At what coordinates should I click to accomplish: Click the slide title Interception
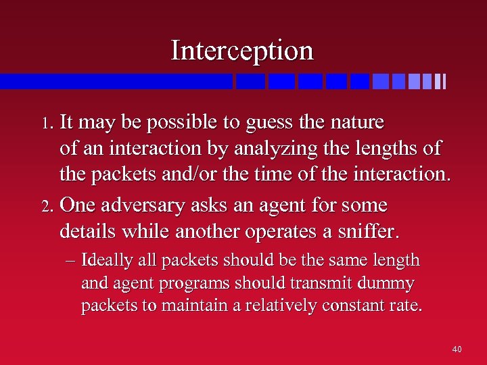[x=242, y=51]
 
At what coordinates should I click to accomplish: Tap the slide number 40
[x=457, y=349]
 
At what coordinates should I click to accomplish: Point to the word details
[x=88, y=231]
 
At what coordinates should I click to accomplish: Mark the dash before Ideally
[x=71, y=261]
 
